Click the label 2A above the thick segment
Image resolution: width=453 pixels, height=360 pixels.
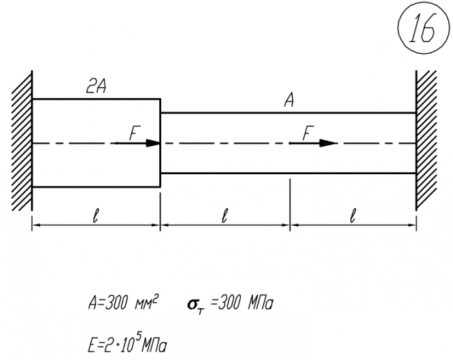95,86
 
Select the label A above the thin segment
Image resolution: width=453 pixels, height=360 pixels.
288,101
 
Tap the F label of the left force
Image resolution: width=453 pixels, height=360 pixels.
134,133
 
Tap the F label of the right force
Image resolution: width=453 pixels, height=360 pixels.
307,133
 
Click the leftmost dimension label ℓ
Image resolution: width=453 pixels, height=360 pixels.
96,216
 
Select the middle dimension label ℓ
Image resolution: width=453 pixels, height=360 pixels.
224,216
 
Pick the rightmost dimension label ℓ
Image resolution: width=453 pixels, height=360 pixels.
352,216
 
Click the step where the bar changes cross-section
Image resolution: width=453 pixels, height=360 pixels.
160,143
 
